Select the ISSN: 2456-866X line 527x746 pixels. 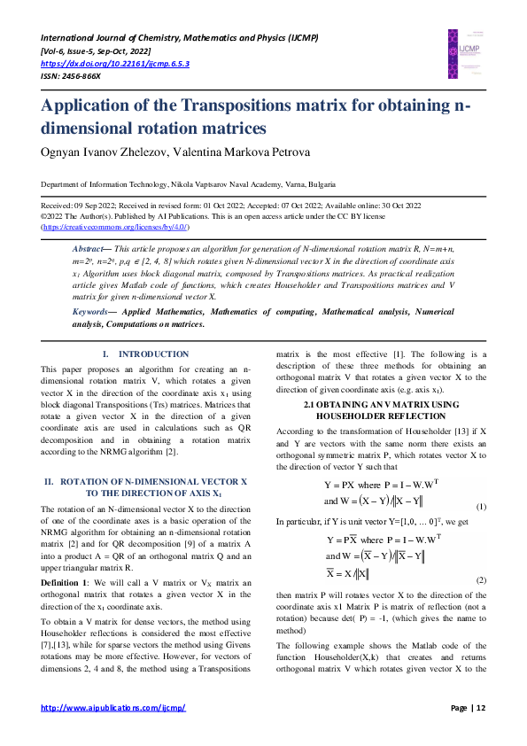[71, 76]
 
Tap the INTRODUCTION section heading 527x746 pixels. [153, 354]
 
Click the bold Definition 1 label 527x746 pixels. [65, 582]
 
